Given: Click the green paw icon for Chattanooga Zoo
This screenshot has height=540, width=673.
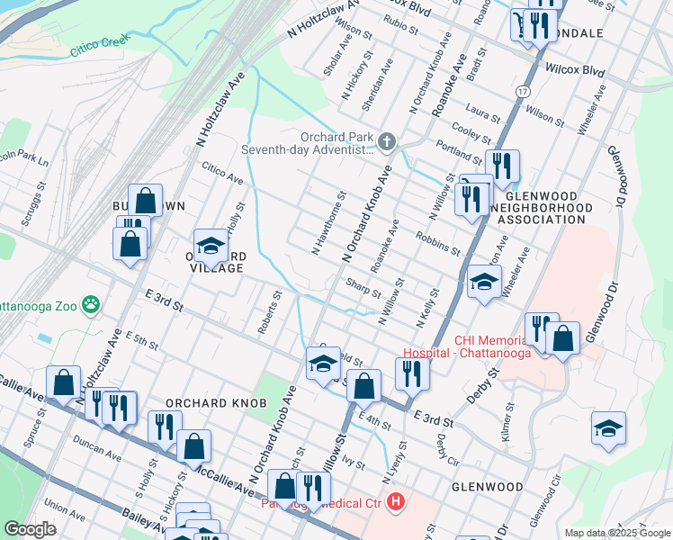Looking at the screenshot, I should [x=91, y=305].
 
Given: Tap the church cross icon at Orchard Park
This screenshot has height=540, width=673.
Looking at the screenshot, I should [x=386, y=141].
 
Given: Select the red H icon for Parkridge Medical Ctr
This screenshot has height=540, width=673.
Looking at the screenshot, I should [x=395, y=503].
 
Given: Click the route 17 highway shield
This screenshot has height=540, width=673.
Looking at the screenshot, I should [x=523, y=93].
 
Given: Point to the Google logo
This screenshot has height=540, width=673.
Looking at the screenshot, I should [x=30, y=529].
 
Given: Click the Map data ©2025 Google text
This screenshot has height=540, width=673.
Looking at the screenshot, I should [x=616, y=533].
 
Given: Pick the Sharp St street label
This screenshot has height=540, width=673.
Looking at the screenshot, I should [x=363, y=287].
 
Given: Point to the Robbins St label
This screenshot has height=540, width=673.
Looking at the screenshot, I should [x=438, y=242].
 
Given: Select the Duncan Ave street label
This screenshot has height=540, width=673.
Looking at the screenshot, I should [x=98, y=456].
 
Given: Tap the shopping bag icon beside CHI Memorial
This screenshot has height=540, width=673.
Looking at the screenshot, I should [x=562, y=339].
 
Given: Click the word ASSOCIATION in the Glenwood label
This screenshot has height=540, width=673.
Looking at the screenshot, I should [x=543, y=219].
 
